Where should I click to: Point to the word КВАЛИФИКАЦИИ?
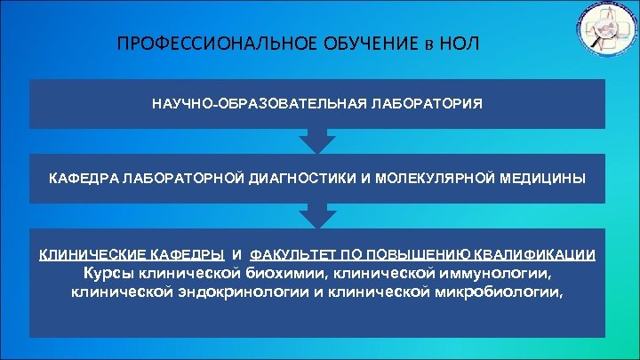[541, 254]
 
